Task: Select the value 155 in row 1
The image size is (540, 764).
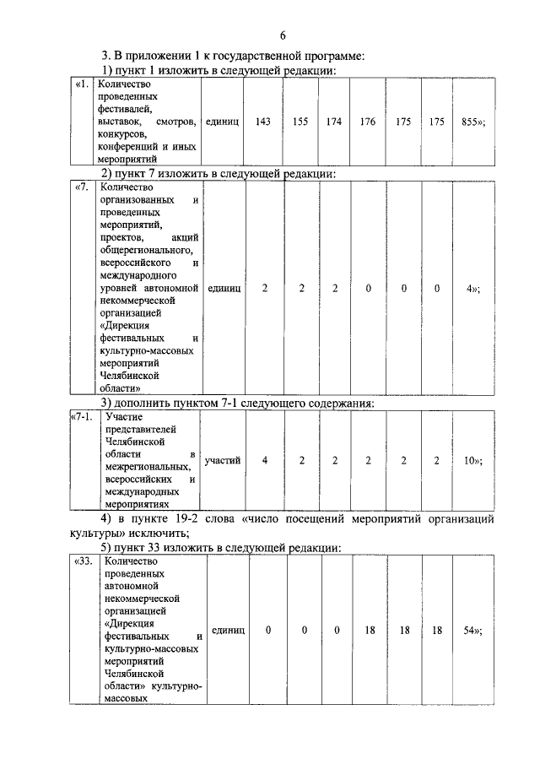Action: (300, 122)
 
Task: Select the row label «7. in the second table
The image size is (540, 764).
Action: (82, 187)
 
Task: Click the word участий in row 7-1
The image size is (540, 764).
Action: (223, 460)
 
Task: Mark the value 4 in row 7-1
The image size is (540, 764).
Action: (265, 460)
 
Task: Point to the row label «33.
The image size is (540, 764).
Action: (83, 561)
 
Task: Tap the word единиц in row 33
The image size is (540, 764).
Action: (227, 630)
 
